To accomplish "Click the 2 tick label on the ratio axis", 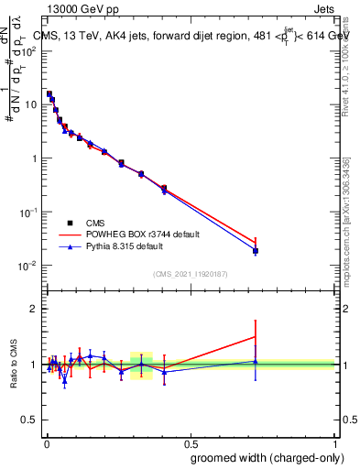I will coord(35,309).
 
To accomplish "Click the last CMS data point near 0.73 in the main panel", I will coord(256,251).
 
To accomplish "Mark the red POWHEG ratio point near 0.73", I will coord(256,337).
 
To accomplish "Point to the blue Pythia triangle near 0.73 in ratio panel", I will coord(256,362).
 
